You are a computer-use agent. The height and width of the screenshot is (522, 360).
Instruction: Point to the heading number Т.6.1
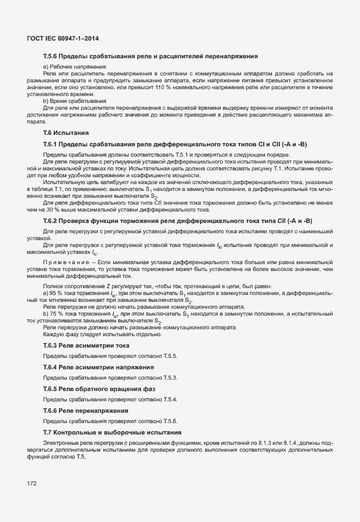[x=51, y=144]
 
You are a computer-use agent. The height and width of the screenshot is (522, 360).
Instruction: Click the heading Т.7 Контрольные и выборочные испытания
[x=112, y=432]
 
